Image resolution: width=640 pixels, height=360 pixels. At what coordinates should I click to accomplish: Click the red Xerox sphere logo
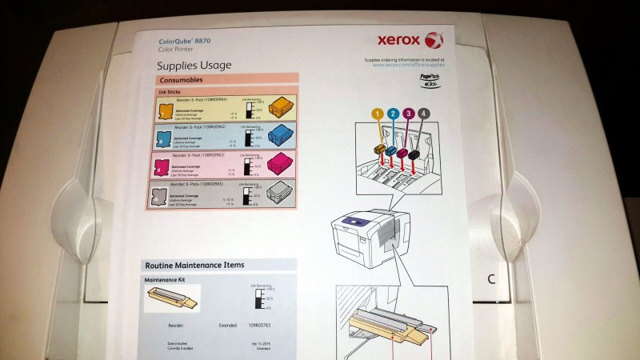(433, 39)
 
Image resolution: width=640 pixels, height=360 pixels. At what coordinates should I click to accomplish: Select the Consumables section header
(182, 80)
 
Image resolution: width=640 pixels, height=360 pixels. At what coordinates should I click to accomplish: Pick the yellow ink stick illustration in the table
(282, 106)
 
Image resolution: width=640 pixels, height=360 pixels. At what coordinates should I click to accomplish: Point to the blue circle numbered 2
(393, 114)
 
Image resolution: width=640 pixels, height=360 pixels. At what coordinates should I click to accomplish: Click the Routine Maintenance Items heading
(194, 265)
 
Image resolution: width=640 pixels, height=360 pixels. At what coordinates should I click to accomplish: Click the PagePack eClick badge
(430, 79)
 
